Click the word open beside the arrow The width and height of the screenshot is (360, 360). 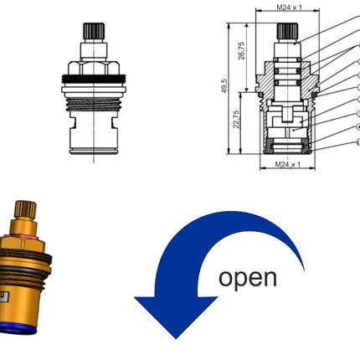click(x=248, y=278)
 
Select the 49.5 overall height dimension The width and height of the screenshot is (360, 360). click(x=225, y=86)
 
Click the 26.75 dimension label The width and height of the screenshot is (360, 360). click(x=241, y=50)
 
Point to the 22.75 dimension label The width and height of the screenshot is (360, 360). click(x=236, y=119)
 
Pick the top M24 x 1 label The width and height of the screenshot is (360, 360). click(x=289, y=8)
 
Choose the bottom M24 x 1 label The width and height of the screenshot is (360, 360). click(x=288, y=164)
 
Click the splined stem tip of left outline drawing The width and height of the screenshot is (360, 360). click(x=94, y=31)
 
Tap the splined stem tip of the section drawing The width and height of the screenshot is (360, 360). click(x=287, y=31)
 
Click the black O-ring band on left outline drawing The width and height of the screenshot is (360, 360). click(x=94, y=79)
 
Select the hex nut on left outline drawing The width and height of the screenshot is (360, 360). click(x=94, y=68)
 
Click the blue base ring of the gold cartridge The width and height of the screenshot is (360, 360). click(x=18, y=329)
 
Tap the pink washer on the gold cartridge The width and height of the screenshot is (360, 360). click(x=24, y=237)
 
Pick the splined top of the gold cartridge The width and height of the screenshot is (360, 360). click(x=25, y=210)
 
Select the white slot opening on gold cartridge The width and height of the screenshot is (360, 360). click(x=4, y=297)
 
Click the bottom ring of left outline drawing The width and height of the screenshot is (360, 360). click(x=94, y=152)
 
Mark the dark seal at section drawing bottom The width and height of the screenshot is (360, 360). click(x=287, y=146)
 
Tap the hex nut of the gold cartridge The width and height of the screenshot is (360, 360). click(x=23, y=244)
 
